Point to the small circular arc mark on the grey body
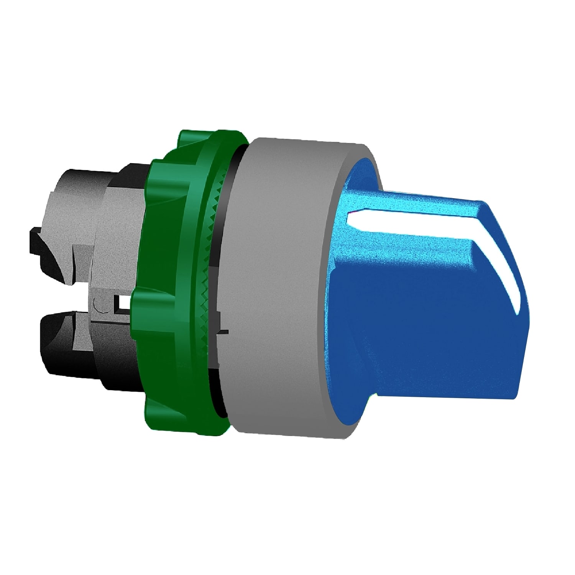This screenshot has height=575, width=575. (97, 306)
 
